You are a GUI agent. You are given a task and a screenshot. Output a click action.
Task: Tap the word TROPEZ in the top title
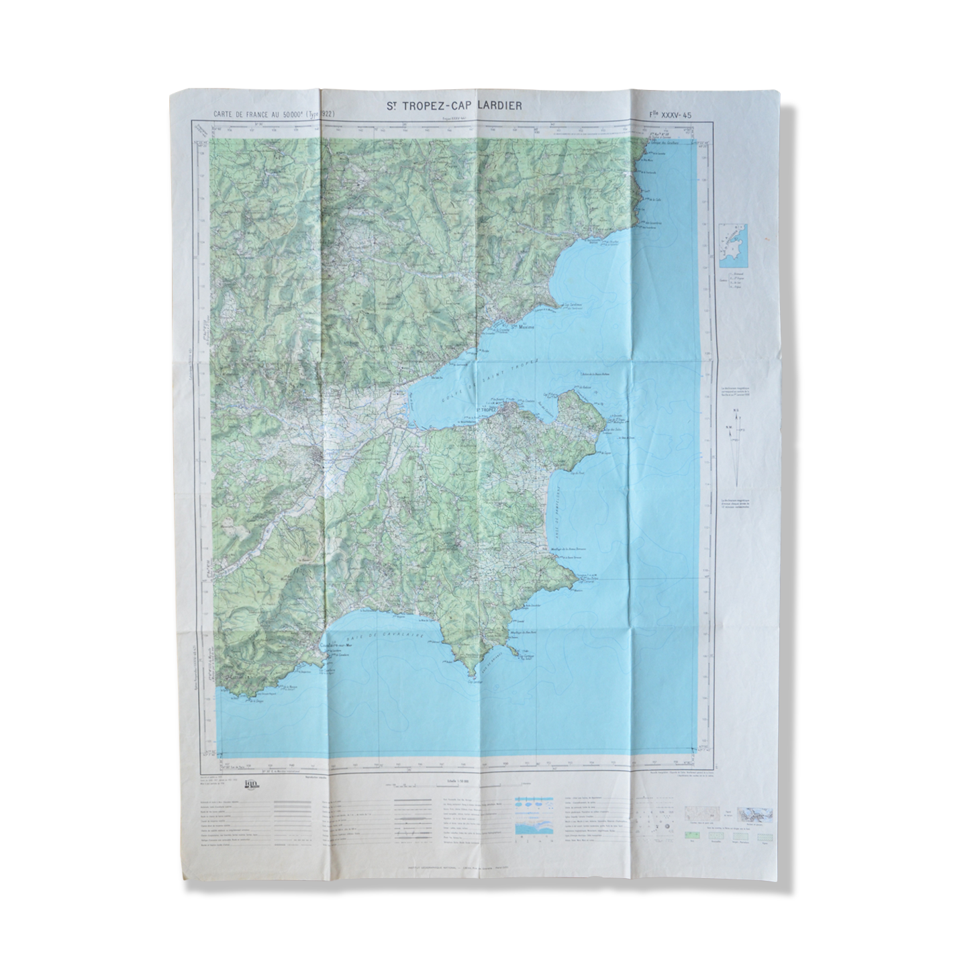[422, 105]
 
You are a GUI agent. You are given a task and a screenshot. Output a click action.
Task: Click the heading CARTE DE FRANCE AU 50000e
[258, 115]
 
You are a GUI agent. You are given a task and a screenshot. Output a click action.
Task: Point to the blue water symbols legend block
[534, 815]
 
